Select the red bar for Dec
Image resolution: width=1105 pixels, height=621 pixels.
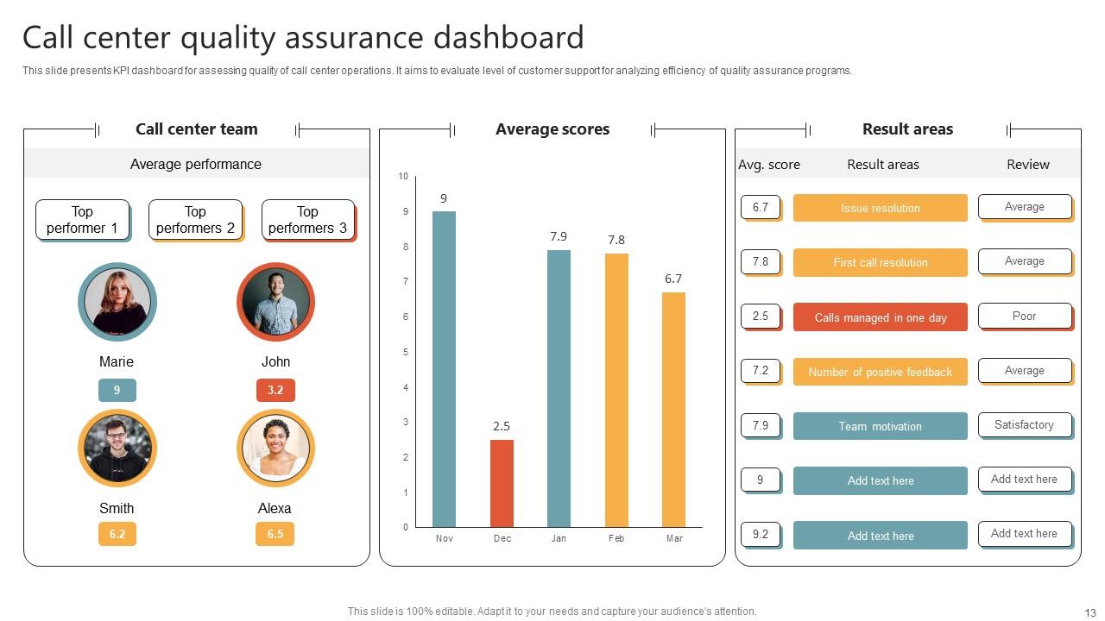pos(502,483)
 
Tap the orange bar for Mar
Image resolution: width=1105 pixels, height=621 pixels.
pos(673,410)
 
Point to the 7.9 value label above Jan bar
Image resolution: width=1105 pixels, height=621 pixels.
pos(559,236)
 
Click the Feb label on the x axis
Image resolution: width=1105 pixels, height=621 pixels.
pos(616,539)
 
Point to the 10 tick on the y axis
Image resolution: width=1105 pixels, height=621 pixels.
pos(403,177)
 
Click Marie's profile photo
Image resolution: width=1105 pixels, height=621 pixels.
pos(117,302)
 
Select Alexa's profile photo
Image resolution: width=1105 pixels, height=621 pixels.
pos(275,448)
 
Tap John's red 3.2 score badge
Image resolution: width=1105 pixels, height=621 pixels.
pos(275,390)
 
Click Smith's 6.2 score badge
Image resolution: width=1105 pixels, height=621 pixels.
pos(117,534)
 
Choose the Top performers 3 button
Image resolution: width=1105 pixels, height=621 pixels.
pos(307,220)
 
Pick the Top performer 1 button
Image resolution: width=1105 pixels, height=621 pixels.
pos(82,220)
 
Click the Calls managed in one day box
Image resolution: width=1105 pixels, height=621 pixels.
pos(880,317)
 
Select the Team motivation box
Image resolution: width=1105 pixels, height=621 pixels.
pos(880,426)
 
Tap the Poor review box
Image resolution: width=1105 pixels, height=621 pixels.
pos(1024,316)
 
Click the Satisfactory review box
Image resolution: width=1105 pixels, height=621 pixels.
pos(1024,424)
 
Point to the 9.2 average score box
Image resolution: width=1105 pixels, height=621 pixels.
pos(760,534)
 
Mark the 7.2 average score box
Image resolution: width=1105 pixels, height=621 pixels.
pos(760,370)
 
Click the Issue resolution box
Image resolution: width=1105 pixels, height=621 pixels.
pos(880,208)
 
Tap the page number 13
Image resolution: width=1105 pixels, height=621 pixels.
pos(1089,612)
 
